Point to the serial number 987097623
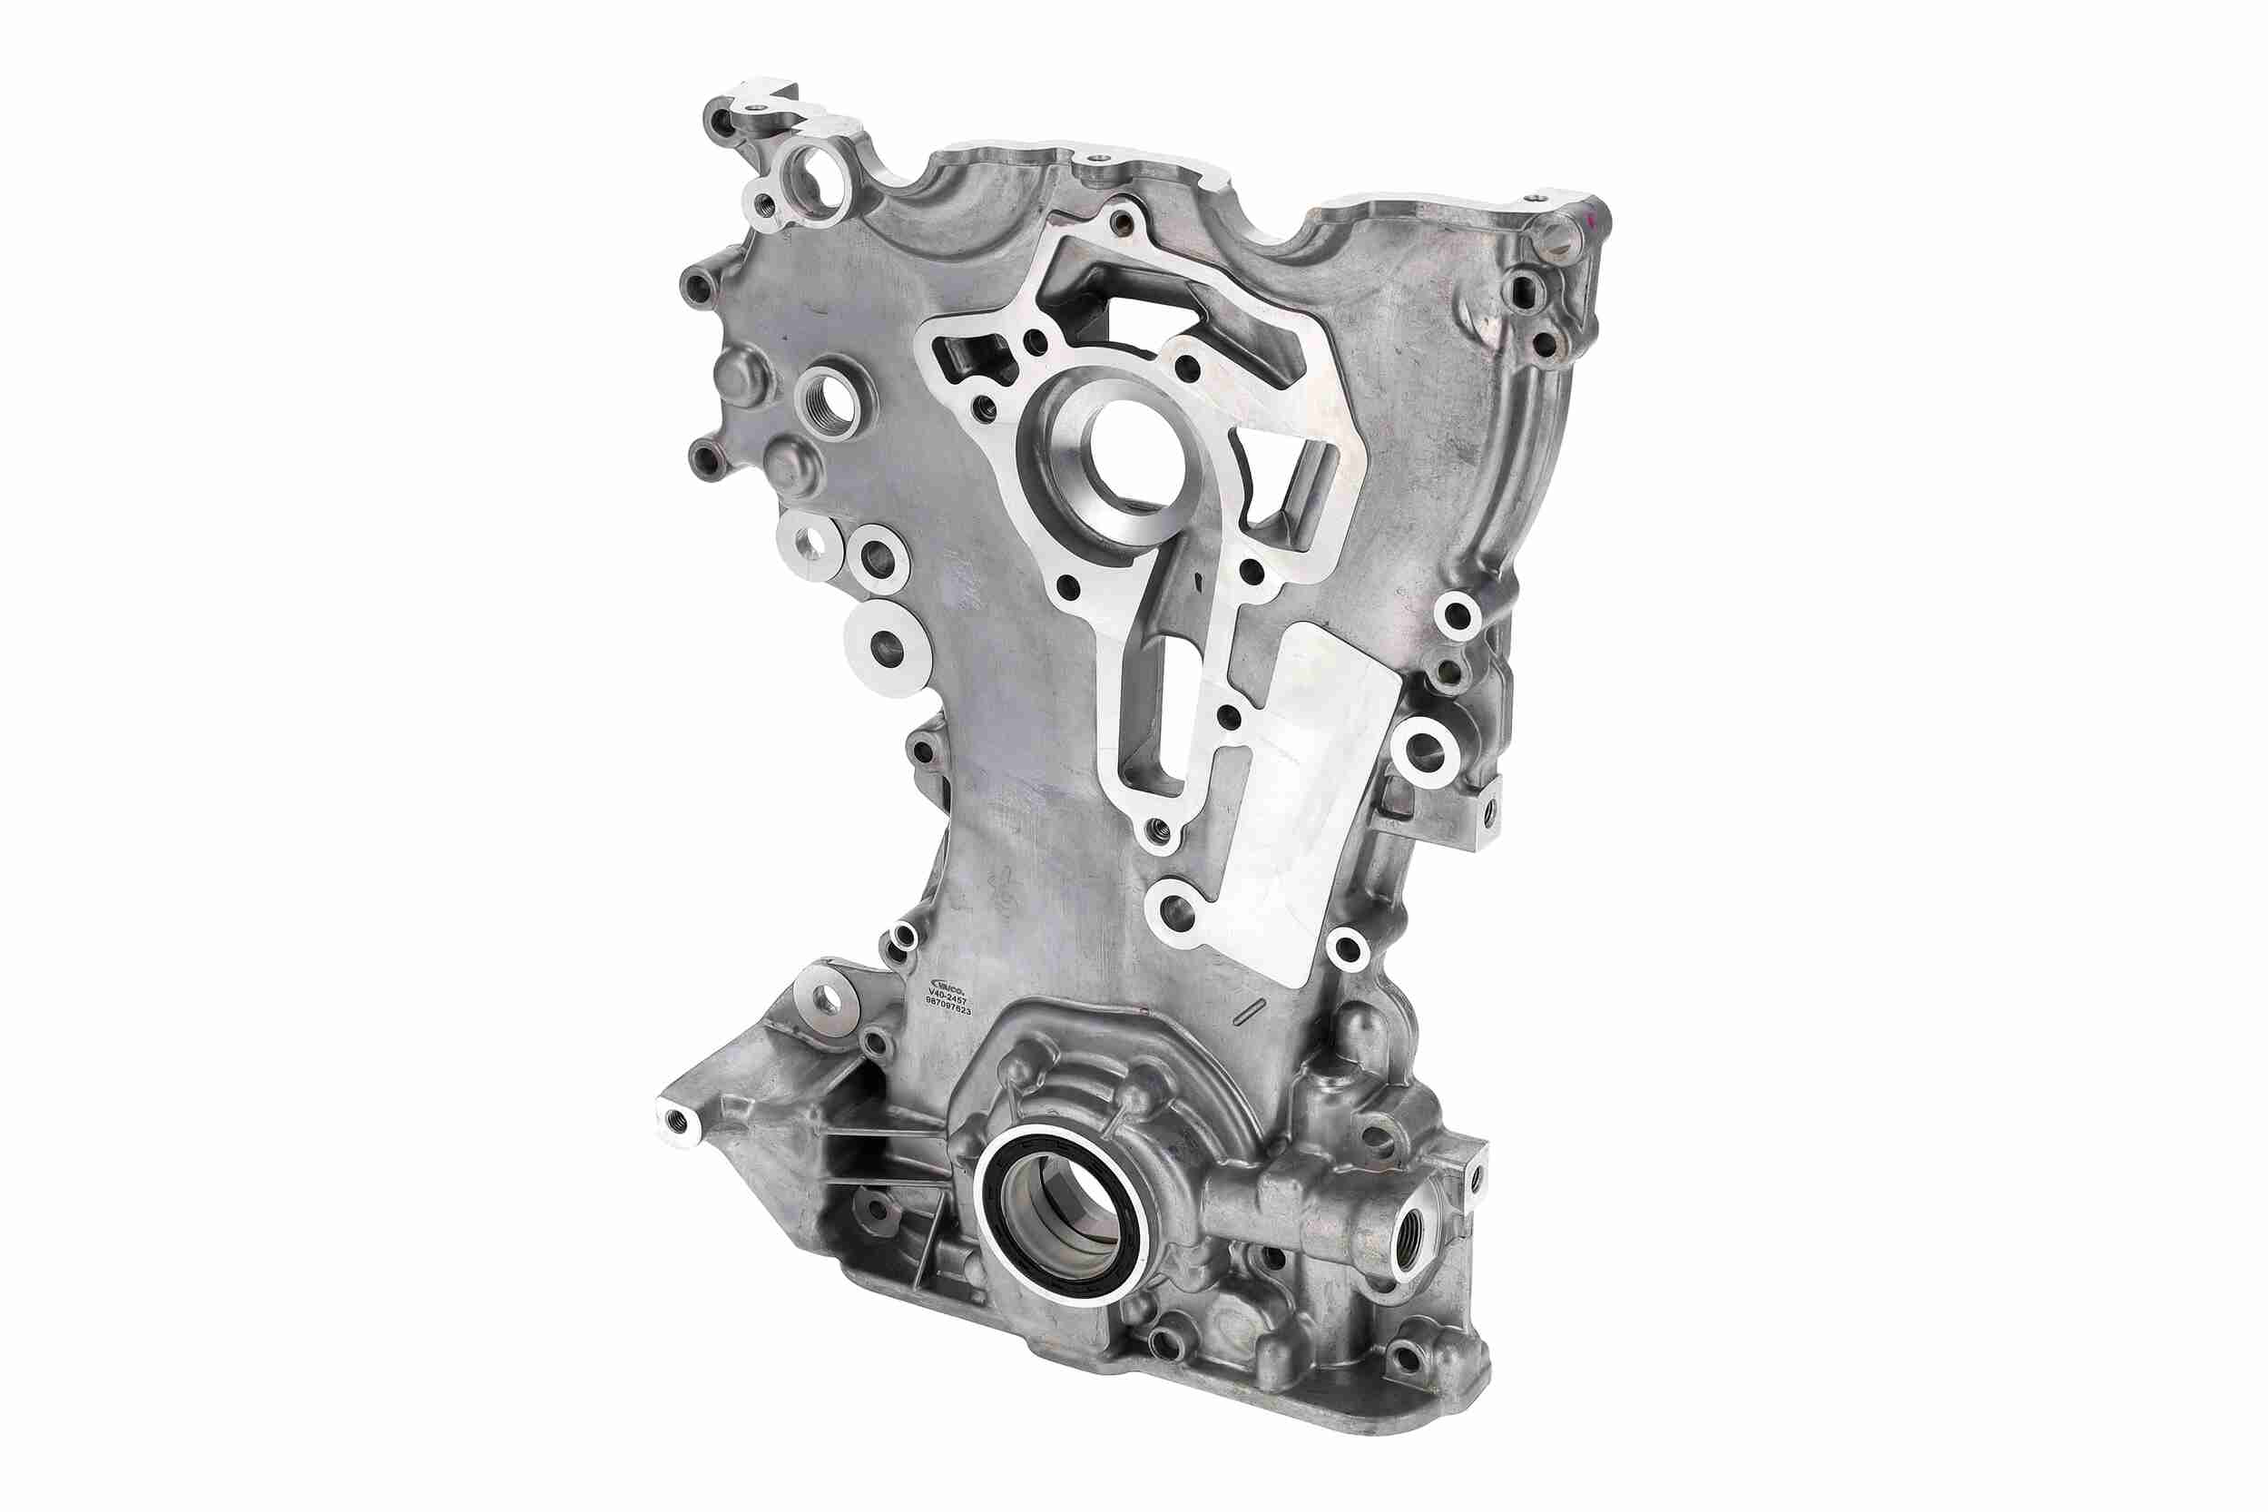tap(947, 1012)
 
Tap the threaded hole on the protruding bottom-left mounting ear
tap(676, 1121)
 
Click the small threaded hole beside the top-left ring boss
tap(766, 203)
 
